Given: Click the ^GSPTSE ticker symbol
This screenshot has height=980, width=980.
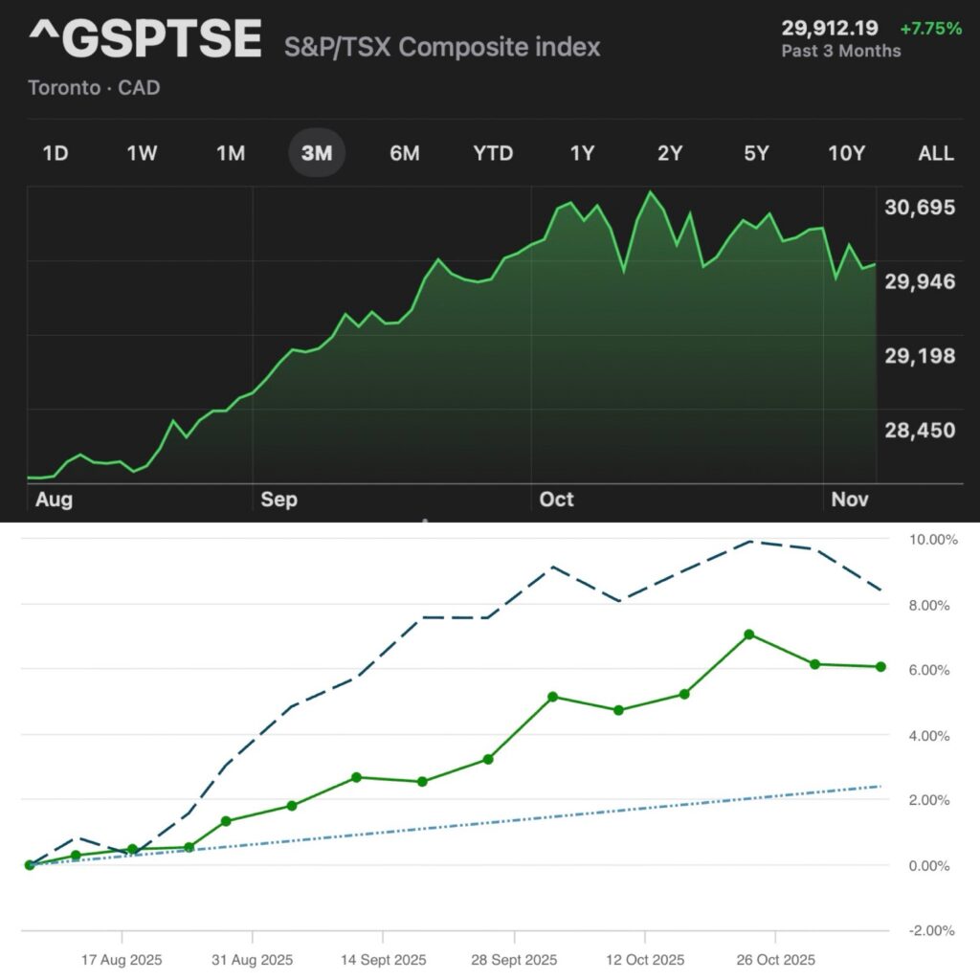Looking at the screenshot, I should coord(145,39).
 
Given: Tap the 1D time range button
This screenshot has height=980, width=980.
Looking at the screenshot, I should coord(56,153).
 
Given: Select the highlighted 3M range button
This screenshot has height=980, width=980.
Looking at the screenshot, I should coord(317,153).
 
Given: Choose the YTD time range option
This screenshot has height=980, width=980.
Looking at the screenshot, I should coord(493,153).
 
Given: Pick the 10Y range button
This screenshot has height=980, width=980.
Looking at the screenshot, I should coord(845,153).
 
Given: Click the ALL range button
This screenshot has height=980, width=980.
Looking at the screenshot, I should coord(935,153).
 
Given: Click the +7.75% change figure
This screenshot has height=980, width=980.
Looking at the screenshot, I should coord(931,29).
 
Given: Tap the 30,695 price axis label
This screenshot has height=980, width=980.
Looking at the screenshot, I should coord(920,207).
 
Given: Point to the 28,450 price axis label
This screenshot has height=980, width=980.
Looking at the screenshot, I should coord(920,430).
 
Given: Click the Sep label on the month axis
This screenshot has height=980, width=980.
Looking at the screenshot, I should coord(278,500).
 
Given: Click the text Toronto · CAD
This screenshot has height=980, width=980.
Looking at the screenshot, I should coord(94,88).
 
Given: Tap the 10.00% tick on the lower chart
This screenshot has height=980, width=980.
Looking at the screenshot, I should coord(931,540).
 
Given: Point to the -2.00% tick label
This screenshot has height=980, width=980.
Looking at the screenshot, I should coord(931,930).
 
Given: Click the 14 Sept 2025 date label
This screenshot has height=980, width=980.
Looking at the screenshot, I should coord(384,960).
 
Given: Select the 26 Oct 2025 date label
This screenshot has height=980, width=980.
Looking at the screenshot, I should coord(775,960).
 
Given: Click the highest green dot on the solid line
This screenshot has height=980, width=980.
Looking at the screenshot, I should coord(749,635).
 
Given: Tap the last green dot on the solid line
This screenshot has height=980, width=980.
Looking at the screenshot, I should coord(880,666).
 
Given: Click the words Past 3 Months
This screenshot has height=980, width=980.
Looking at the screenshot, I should coord(841,51).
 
